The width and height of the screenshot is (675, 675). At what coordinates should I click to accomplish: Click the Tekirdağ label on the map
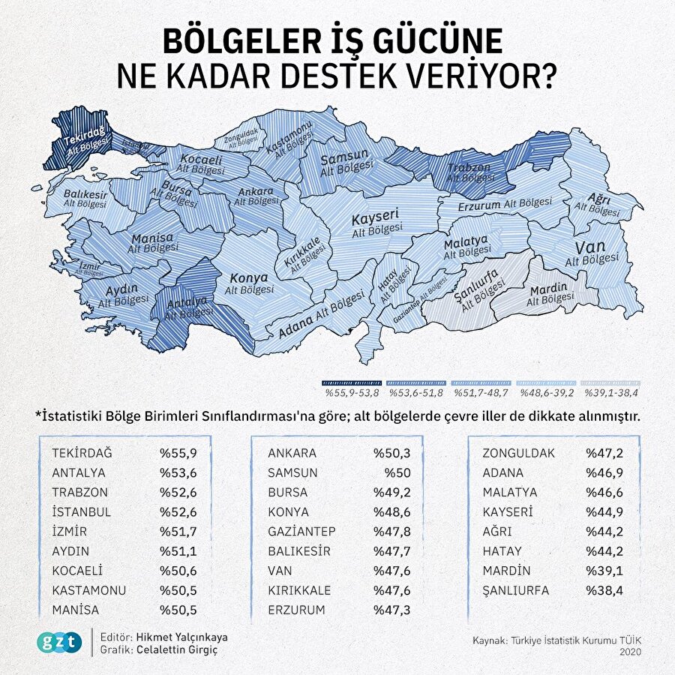point(85,140)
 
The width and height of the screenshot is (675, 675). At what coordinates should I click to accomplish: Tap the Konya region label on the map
point(247,277)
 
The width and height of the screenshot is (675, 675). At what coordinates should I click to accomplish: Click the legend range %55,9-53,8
point(351,391)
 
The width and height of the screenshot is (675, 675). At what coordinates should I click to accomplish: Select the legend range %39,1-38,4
point(611,391)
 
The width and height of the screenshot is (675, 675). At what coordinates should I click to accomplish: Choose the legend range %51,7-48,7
point(480,391)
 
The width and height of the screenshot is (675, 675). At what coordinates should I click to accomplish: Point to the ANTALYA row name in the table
point(79,472)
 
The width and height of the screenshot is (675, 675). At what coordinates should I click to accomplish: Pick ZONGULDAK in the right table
point(519,453)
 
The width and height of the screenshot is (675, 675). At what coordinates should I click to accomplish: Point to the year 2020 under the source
point(630,652)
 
